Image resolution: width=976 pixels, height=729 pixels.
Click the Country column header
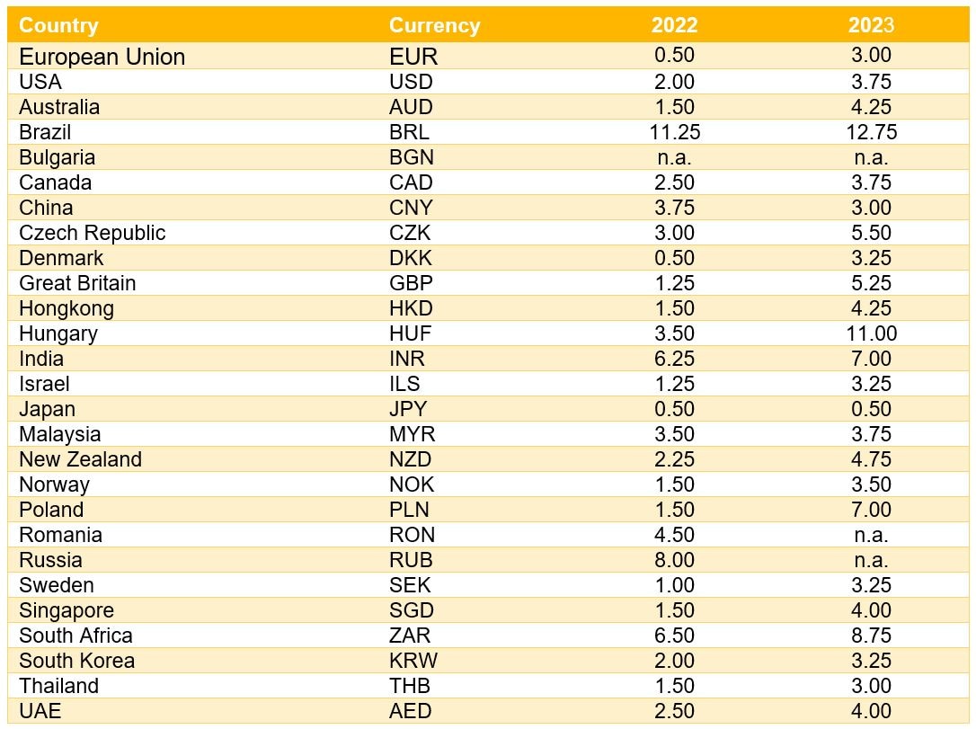click(x=58, y=26)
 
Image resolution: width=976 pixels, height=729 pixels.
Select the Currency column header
click(x=434, y=26)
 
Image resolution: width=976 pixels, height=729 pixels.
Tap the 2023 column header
click(x=871, y=26)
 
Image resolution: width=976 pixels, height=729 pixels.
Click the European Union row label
click(x=102, y=57)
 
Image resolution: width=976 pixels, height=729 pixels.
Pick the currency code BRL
click(x=410, y=132)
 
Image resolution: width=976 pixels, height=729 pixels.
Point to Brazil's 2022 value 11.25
click(x=674, y=132)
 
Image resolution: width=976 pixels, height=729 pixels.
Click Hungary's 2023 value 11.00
click(x=871, y=333)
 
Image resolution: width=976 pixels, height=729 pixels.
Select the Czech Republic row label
click(x=93, y=233)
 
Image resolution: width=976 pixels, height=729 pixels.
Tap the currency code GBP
click(x=411, y=283)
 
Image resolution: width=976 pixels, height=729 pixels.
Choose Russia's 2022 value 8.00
click(x=674, y=560)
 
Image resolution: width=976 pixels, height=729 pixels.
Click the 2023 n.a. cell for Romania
click(x=871, y=535)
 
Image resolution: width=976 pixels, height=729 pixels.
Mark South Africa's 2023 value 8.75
click(x=871, y=636)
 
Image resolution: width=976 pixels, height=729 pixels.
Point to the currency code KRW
click(x=413, y=661)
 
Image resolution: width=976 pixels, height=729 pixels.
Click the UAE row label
click(x=40, y=711)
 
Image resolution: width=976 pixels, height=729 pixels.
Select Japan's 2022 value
click(x=674, y=409)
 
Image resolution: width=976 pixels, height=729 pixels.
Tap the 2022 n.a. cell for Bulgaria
click(x=674, y=157)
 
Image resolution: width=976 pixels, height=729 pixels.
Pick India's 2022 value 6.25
click(x=674, y=359)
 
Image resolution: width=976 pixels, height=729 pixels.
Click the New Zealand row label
click(x=81, y=459)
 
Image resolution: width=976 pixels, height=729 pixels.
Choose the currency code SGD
click(x=411, y=610)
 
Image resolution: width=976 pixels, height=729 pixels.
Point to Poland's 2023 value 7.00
click(x=871, y=510)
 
